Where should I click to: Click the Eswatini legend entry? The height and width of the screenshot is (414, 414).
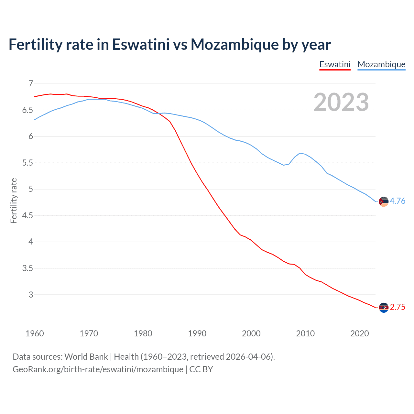(335, 64)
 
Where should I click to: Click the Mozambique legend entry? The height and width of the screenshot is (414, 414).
(381, 64)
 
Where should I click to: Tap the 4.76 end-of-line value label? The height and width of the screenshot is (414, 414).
(398, 201)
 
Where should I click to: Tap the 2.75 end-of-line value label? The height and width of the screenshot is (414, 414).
(398, 307)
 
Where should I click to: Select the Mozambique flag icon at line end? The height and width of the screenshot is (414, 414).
(384, 201)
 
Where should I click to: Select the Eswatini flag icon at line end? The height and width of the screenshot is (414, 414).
(384, 308)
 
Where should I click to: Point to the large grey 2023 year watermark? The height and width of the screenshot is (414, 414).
(341, 102)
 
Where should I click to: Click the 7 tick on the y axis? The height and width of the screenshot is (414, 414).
(31, 84)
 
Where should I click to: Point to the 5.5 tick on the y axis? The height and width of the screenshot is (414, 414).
(28, 163)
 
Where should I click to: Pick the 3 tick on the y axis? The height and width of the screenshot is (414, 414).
(31, 295)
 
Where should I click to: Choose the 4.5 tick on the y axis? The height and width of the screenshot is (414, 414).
(28, 215)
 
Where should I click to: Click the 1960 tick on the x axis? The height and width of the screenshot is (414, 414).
(35, 333)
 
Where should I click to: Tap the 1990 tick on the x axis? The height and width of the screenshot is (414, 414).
(197, 333)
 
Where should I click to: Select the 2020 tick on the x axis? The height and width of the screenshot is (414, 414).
(359, 333)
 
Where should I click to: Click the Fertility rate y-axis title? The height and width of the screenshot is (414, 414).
(14, 201)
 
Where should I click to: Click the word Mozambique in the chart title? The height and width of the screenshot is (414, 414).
(234, 44)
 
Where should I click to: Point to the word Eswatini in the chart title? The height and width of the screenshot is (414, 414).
(141, 44)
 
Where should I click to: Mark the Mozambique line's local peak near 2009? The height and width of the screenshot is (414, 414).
(300, 153)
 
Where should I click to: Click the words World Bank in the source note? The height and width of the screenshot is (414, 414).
(86, 357)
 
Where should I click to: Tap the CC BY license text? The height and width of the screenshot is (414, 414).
(201, 369)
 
